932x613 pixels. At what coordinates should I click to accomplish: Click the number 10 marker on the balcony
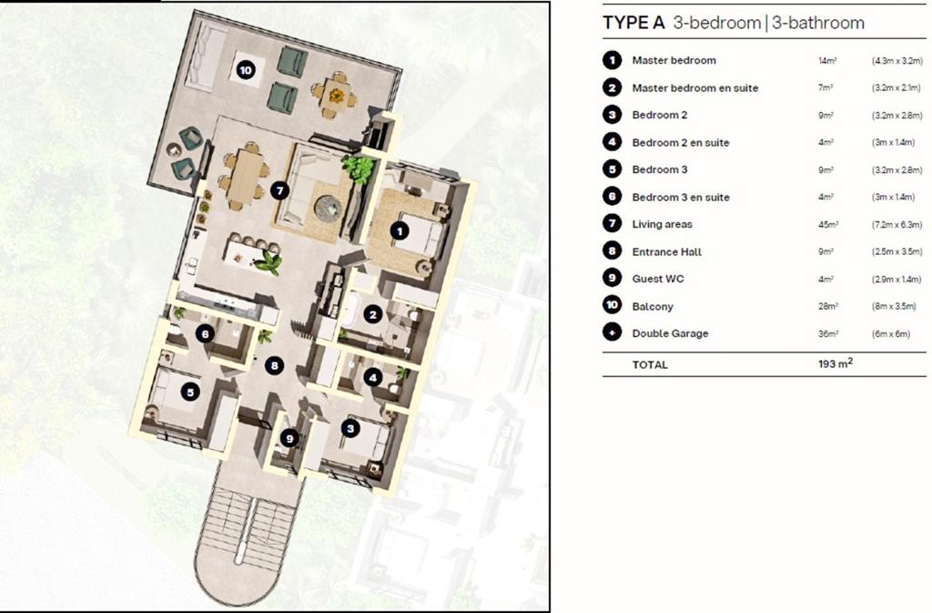(245, 70)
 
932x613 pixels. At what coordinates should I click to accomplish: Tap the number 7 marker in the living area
(279, 190)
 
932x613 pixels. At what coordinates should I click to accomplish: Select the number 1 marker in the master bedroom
(400, 230)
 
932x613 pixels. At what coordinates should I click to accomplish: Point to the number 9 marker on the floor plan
(289, 439)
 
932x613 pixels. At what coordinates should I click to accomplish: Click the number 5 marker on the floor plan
(190, 392)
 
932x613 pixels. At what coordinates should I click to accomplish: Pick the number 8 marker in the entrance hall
(274, 365)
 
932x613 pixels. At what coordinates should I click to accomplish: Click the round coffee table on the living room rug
(328, 208)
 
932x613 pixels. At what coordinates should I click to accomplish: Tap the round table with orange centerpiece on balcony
(337, 95)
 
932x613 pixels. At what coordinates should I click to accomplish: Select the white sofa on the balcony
(205, 56)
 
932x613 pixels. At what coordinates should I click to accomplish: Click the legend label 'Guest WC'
(658, 279)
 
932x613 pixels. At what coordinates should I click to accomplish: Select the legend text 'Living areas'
(663, 224)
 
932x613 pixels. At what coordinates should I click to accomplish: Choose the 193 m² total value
(836, 363)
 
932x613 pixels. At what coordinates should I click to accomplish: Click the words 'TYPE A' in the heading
(633, 23)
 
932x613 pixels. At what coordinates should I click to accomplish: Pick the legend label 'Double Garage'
(670, 333)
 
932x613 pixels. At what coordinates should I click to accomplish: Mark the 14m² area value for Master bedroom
(827, 60)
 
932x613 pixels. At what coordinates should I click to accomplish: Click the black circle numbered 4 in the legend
(612, 142)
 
